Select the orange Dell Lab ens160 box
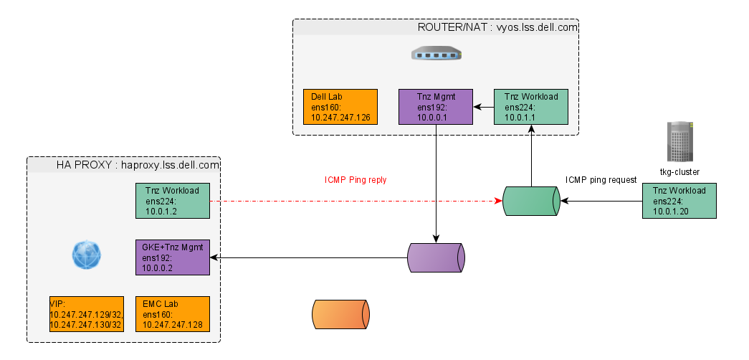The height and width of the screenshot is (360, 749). [340, 108]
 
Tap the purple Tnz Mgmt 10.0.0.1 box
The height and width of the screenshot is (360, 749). [436, 108]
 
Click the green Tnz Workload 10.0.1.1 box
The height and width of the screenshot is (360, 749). [531, 108]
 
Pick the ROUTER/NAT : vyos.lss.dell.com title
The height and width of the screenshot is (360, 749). [497, 27]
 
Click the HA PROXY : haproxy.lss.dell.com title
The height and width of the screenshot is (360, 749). [138, 165]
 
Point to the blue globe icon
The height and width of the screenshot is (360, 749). [87, 255]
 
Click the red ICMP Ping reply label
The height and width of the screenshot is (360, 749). [356, 180]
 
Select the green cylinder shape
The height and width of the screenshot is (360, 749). [530, 202]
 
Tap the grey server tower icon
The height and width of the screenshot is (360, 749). [679, 141]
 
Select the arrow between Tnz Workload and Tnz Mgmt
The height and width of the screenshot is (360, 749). [484, 108]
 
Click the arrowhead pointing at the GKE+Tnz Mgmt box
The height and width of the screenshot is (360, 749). [213, 257]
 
